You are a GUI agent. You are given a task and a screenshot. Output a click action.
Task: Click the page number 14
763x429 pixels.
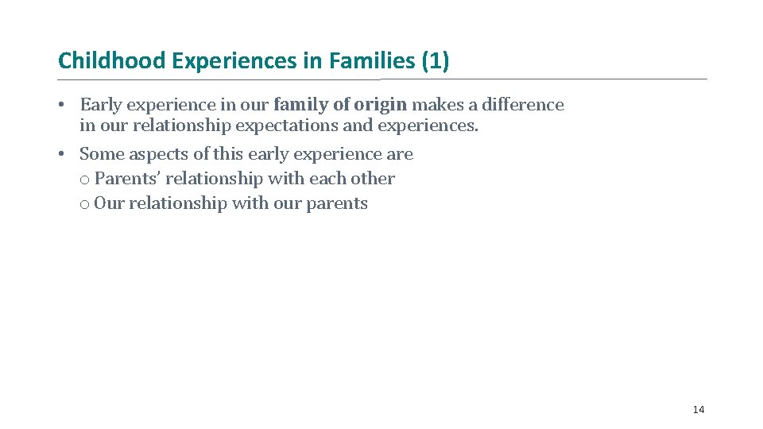[698, 409]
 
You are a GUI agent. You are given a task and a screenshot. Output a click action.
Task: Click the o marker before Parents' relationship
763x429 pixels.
[84, 180]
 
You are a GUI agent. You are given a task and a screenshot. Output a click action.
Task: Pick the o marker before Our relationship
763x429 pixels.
[84, 204]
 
